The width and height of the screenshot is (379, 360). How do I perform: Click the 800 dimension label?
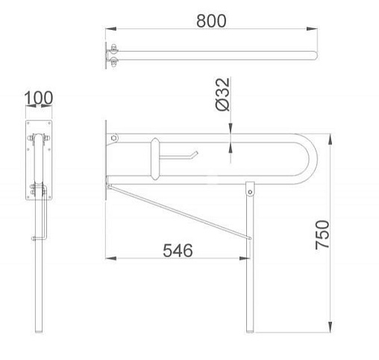[x=211, y=21]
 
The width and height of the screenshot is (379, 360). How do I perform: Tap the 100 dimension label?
[x=39, y=98]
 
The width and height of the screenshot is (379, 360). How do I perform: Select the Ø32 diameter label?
[x=222, y=94]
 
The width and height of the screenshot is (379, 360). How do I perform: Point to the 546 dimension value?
[x=178, y=250]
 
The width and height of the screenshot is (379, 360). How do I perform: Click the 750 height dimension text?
[x=322, y=235]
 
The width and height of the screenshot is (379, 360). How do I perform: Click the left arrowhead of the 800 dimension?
[x=110, y=29]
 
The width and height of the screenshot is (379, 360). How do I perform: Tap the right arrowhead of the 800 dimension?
[x=312, y=29]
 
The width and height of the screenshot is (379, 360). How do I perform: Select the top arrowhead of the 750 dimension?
[x=330, y=139]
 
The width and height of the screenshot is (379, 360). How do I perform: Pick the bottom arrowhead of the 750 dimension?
[x=330, y=327]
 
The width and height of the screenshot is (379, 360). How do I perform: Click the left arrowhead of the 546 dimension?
[x=110, y=258]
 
